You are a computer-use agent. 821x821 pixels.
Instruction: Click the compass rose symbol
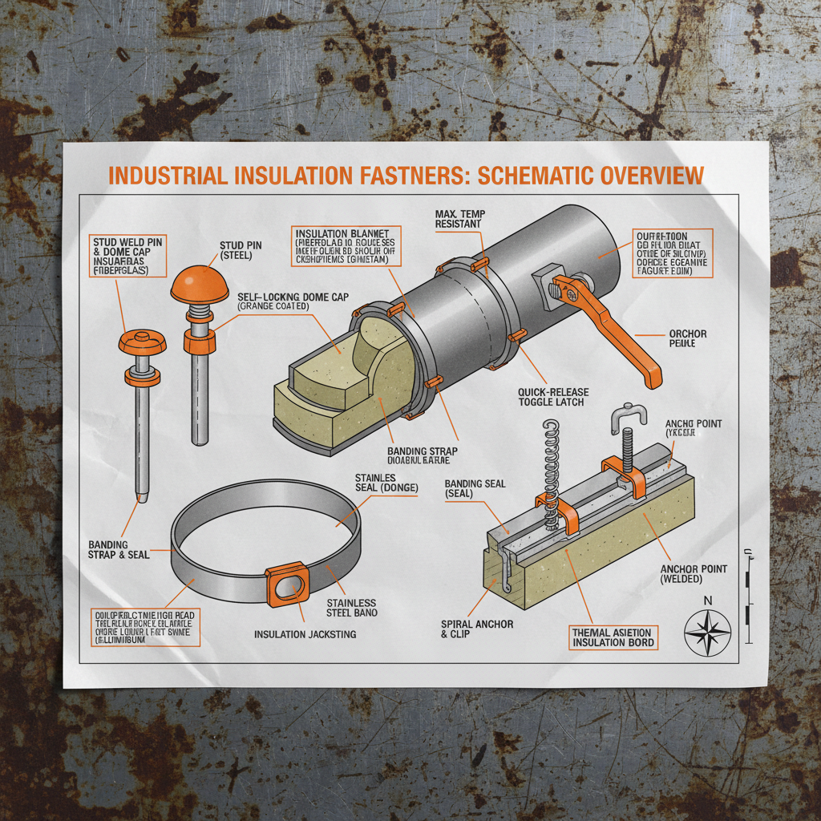tap(707, 629)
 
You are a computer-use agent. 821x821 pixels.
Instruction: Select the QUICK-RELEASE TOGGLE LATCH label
tap(553, 397)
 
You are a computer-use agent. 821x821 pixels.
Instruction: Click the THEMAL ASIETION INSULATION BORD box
tap(613, 637)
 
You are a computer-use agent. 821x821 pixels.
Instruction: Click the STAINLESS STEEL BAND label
tap(351, 607)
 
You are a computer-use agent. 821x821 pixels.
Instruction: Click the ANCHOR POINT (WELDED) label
tap(694, 573)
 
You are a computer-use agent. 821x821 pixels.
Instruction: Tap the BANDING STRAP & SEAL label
tap(119, 549)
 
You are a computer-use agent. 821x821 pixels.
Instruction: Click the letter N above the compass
tap(706, 600)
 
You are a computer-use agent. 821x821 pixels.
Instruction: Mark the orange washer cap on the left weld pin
tap(142, 342)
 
